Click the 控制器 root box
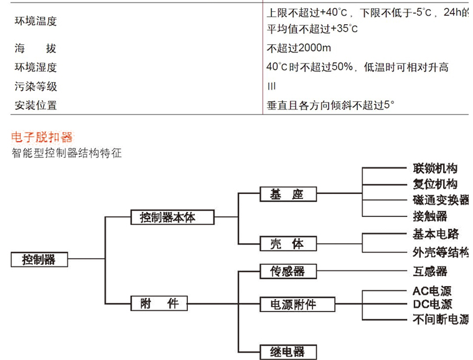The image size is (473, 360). (x=39, y=259)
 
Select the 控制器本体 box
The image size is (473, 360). (x=172, y=217)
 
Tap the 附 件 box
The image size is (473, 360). (x=159, y=303)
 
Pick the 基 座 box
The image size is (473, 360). (x=288, y=195)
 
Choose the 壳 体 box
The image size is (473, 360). (x=288, y=244)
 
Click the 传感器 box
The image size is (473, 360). (x=288, y=272)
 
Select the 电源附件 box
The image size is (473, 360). (x=297, y=304)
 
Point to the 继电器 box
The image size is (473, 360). (x=288, y=352)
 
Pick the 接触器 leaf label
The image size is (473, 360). (x=430, y=216)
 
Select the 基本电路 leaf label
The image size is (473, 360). (x=435, y=234)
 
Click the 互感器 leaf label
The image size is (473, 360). (x=430, y=272)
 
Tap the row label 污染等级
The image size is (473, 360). (x=36, y=86)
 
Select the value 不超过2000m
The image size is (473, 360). (x=299, y=48)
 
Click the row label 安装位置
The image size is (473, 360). (x=36, y=105)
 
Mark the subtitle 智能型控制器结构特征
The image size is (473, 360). (x=67, y=152)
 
